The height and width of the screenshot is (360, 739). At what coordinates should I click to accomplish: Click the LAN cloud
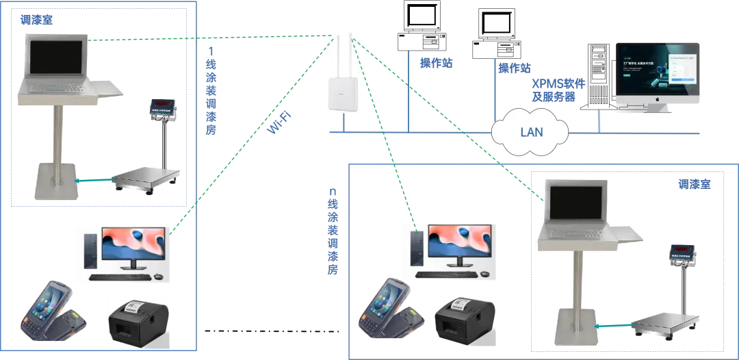coord(530,129)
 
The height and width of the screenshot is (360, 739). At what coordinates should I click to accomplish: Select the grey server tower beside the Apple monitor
coord(596,76)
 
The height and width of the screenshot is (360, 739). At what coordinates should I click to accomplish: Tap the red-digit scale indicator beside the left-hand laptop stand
coord(163,107)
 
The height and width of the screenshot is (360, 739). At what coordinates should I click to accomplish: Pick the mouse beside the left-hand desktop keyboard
coord(159,277)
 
